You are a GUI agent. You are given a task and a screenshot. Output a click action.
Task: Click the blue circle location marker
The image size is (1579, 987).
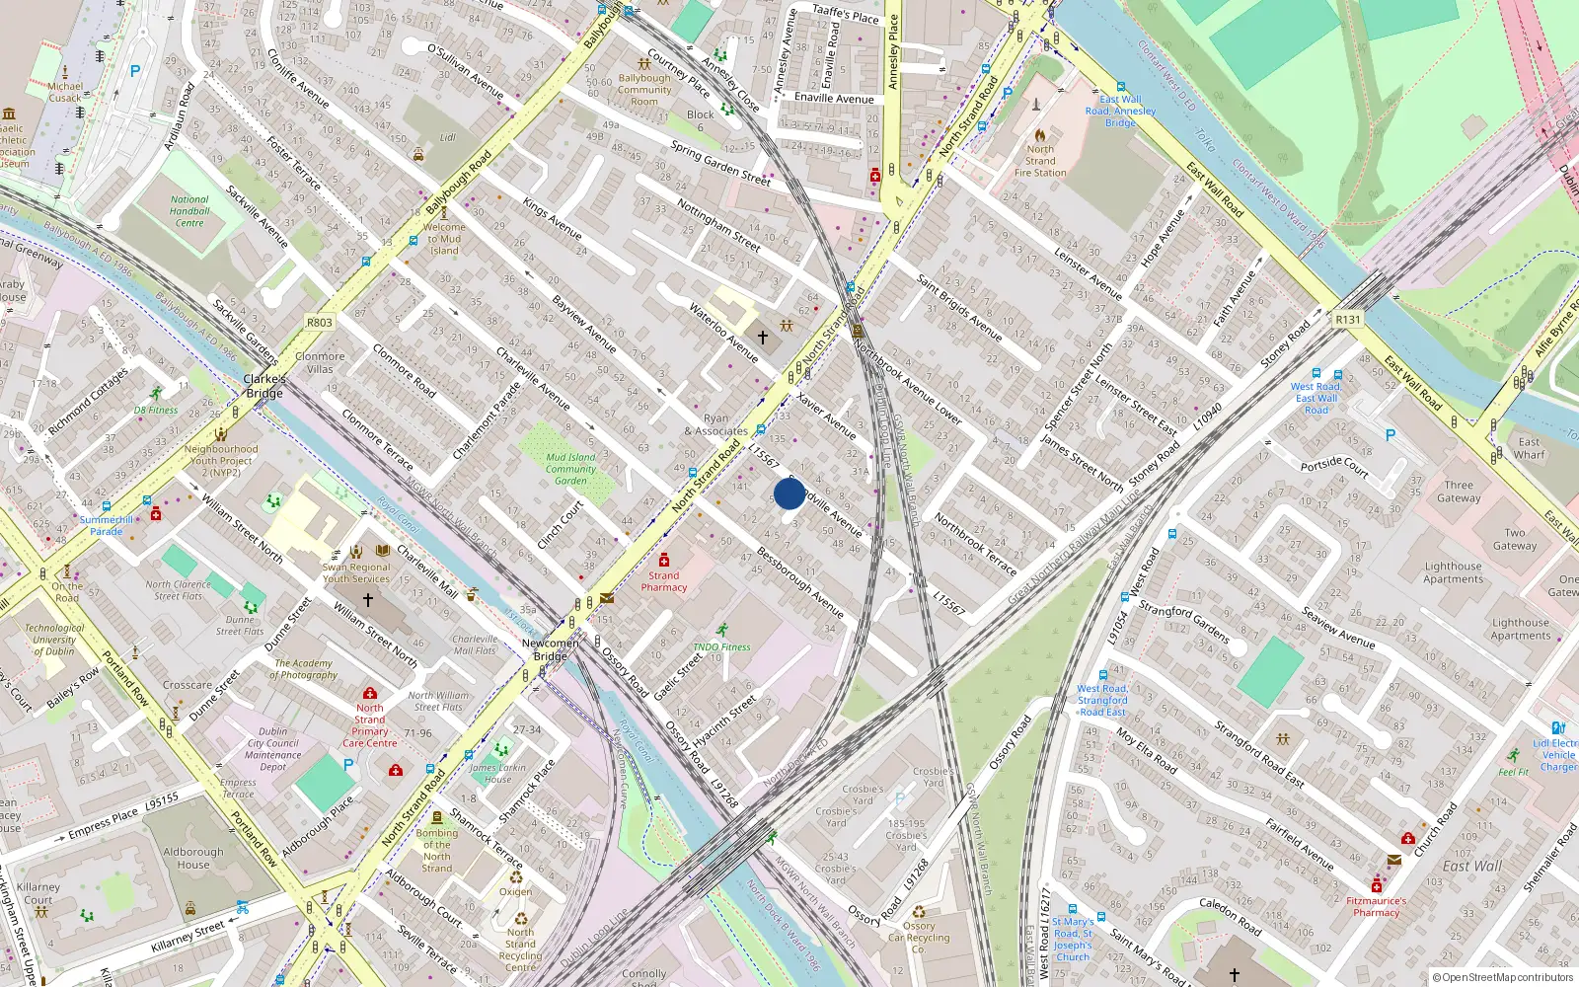(789, 493)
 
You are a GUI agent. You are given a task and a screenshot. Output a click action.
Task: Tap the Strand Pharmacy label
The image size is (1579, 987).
(663, 581)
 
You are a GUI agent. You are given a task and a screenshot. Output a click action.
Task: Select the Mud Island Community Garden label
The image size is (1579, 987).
(570, 469)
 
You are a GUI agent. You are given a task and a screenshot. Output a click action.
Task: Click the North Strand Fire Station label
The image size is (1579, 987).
(1040, 161)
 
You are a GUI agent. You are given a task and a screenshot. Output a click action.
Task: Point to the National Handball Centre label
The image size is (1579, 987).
(189, 211)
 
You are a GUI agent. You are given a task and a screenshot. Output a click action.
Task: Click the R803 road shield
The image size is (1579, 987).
(320, 323)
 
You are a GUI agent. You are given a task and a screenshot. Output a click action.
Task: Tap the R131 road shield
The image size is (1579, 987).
(1347, 320)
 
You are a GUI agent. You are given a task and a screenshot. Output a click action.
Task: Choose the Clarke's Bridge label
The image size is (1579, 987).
(264, 386)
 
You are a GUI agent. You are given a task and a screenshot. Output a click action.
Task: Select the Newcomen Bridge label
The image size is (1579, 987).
(551, 649)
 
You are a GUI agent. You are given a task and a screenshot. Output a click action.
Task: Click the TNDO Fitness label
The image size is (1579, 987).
(721, 647)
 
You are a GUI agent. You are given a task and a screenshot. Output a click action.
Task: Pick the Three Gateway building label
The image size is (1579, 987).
(1459, 492)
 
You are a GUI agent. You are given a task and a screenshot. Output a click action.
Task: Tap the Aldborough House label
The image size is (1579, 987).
(193, 858)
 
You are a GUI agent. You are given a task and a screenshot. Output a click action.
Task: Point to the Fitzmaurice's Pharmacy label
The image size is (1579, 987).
(1377, 906)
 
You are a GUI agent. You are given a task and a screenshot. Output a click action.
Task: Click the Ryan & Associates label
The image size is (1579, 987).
(716, 425)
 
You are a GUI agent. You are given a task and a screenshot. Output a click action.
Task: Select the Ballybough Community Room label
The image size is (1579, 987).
(644, 90)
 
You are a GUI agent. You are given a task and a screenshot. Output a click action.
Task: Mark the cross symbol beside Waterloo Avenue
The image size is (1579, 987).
(763, 338)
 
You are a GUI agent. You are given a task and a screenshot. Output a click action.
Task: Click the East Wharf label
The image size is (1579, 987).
(1529, 448)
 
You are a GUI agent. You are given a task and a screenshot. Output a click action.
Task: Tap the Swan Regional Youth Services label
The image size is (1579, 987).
(356, 573)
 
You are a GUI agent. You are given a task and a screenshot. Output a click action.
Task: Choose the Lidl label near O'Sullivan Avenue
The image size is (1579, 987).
(448, 138)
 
